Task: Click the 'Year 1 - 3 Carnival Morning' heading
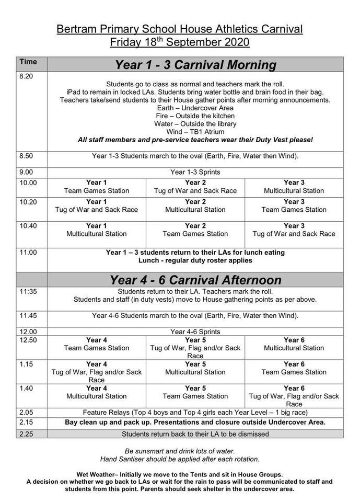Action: click(195, 65)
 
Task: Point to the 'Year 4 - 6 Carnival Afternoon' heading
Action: click(195, 279)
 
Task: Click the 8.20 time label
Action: click(26, 76)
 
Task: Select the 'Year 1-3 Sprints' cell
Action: click(195, 172)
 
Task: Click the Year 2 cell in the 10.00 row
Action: click(195, 187)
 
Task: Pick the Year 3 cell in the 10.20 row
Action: click(294, 206)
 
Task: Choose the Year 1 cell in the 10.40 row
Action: click(97, 230)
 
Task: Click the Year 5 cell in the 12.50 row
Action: click(195, 347)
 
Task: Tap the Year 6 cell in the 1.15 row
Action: click(294, 368)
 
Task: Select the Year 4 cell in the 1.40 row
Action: click(97, 392)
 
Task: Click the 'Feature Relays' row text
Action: click(195, 412)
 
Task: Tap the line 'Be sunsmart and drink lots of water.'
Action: click(180, 451)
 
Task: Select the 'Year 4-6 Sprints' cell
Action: click(195, 332)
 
